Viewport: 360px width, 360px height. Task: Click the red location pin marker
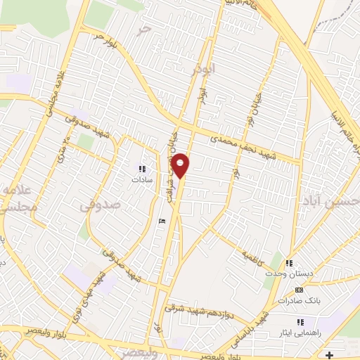pyautogui.click(x=181, y=165)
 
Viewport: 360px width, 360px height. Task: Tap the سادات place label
pyautogui.click(x=141, y=179)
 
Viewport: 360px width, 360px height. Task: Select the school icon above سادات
pyautogui.click(x=142, y=169)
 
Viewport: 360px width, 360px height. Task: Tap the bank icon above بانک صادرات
pyautogui.click(x=299, y=290)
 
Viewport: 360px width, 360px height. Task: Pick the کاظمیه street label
pyautogui.click(x=254, y=254)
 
